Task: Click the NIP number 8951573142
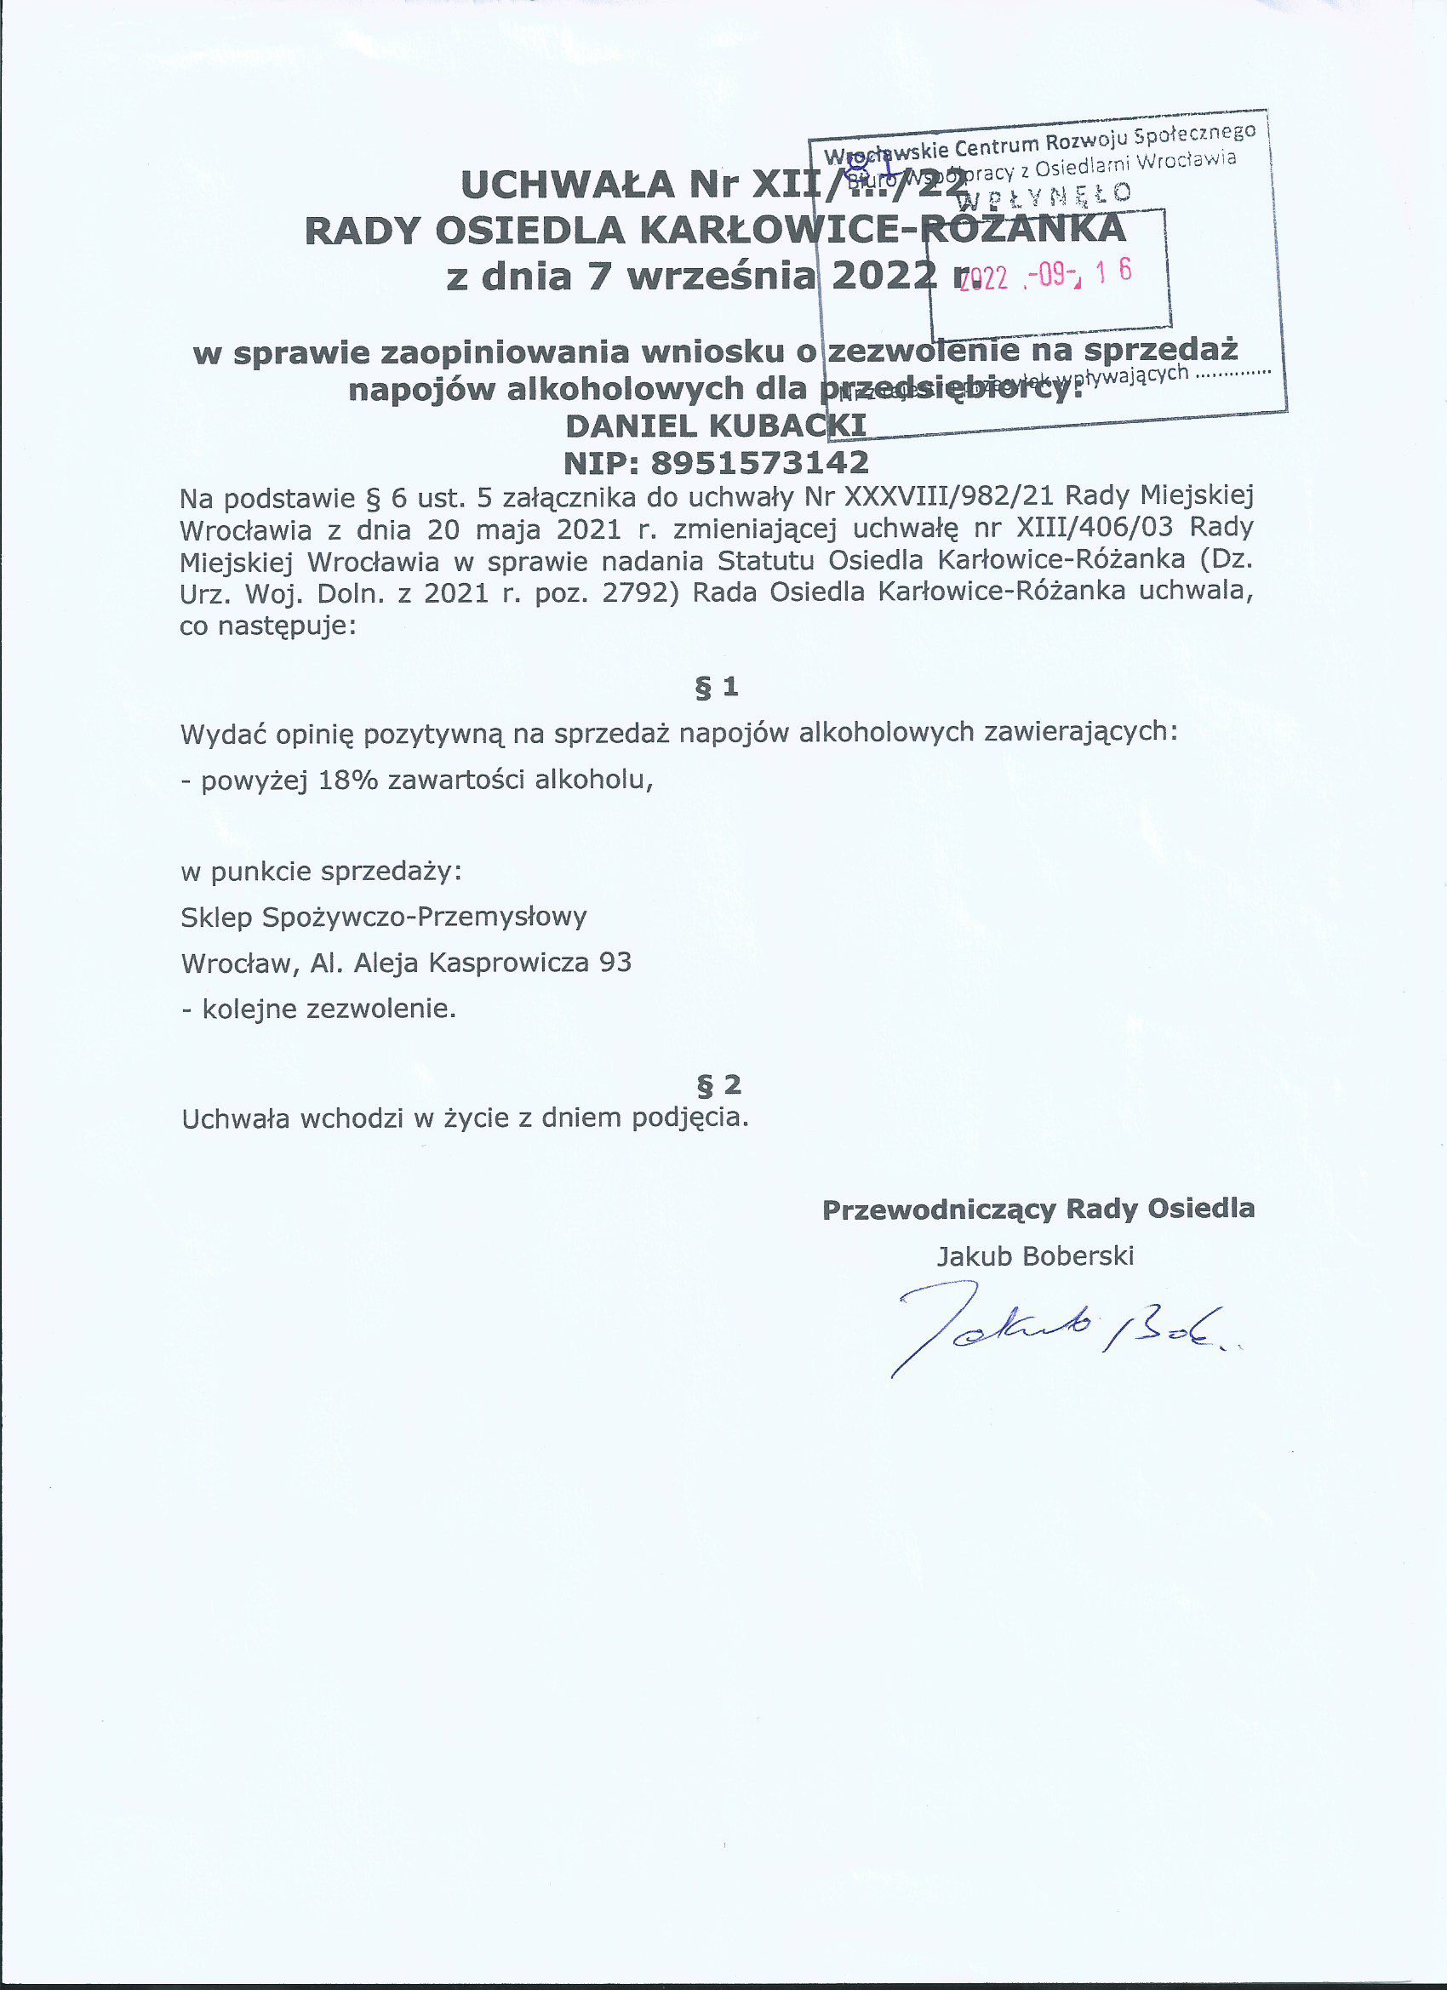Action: (760, 462)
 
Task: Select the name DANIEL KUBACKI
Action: (715, 426)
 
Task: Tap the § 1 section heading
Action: (717, 687)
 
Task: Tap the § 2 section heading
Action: (718, 1085)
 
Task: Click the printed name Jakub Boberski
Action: (1035, 1255)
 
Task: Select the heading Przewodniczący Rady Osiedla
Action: (1038, 1209)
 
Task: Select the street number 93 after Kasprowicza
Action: (615, 963)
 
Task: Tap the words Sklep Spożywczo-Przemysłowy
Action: (384, 917)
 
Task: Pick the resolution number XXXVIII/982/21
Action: (947, 496)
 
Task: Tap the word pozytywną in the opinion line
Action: (433, 734)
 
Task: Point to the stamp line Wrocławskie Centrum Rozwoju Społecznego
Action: (1041, 142)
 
